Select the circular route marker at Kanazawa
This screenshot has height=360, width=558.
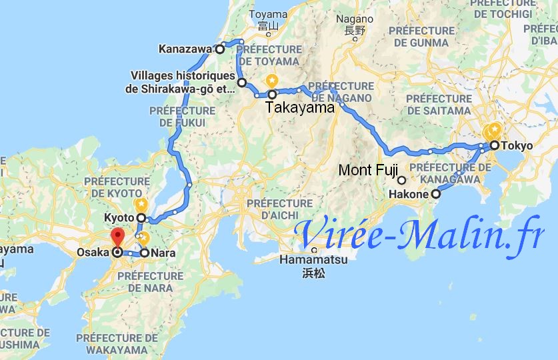[219, 49]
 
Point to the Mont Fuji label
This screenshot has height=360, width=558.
[366, 170]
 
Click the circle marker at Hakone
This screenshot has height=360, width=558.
[436, 195]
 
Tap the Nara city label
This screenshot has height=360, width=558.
[163, 253]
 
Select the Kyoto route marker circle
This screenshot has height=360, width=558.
[141, 218]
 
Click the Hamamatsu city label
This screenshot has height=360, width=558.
[313, 260]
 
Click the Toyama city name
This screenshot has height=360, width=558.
[268, 14]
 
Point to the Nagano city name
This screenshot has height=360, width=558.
[355, 19]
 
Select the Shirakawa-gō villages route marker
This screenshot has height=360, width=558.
[242, 83]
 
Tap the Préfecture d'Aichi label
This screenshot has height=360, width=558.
[279, 209]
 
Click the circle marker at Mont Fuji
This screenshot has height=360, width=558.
[402, 180]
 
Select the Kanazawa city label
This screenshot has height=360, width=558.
[184, 49]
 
